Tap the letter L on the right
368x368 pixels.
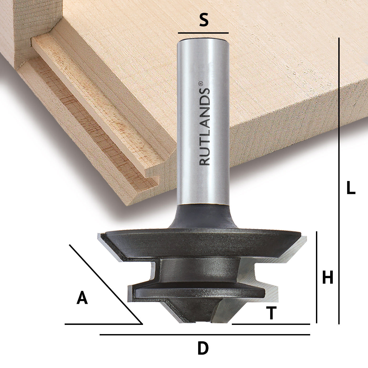(351, 188)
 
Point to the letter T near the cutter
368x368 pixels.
(272, 313)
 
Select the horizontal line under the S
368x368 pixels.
(203, 33)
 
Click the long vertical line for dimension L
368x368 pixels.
(339, 181)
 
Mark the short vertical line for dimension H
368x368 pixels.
(316, 277)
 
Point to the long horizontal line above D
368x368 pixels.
(205, 335)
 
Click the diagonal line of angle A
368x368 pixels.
(105, 284)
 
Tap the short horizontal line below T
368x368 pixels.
(271, 324)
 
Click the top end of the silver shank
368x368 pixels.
(203, 40)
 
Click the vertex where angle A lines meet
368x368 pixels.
(142, 324)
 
